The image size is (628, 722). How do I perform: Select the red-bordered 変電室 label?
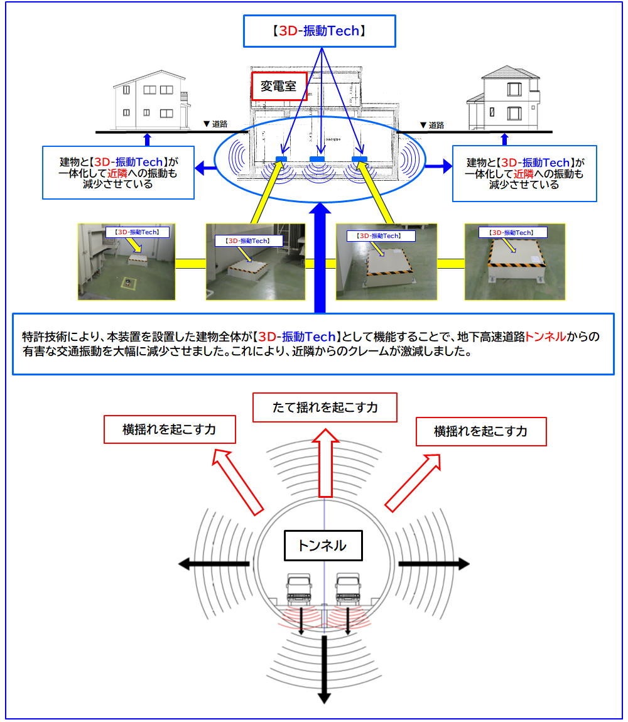point(279,86)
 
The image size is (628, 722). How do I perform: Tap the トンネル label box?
point(323,546)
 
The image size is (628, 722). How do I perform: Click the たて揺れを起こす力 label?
point(324,407)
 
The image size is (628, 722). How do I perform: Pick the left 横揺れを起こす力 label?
point(169,431)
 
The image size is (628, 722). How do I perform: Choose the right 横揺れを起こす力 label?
point(480,431)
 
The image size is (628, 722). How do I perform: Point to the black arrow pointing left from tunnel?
point(214,564)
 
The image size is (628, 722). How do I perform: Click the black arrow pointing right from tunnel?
point(434,564)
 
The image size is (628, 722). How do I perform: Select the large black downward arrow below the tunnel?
point(324,669)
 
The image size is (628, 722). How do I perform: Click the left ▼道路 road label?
point(215,124)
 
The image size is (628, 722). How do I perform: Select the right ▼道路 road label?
point(431,125)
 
